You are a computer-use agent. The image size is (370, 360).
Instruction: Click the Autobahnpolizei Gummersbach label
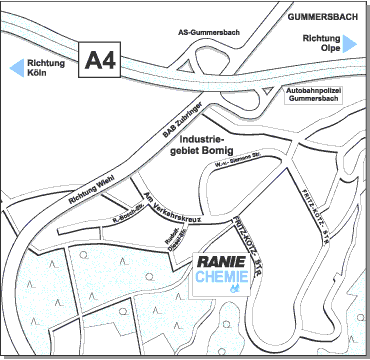(x=313, y=98)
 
